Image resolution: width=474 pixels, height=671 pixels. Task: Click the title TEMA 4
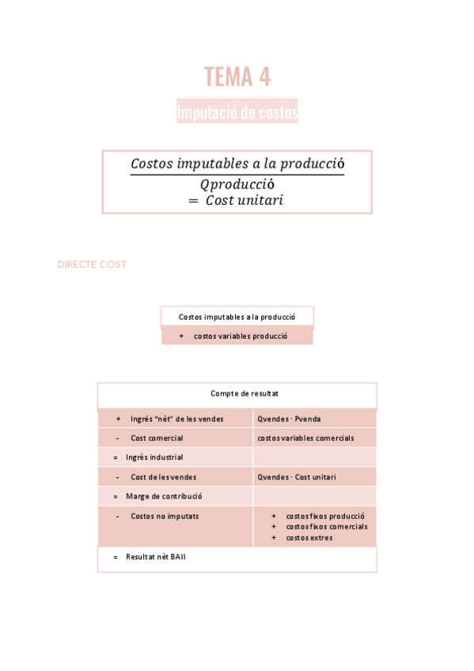pyautogui.click(x=237, y=77)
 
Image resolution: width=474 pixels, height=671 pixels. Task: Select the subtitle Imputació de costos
pyautogui.click(x=237, y=113)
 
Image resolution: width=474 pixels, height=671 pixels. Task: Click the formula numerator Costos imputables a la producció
pyautogui.click(x=237, y=164)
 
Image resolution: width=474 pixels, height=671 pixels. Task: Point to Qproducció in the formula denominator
pyautogui.click(x=237, y=184)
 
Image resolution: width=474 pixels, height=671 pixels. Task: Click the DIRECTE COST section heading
pyautogui.click(x=92, y=264)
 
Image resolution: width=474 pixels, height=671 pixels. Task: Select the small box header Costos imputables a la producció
pyautogui.click(x=237, y=317)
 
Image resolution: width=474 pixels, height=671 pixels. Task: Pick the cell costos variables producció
pyautogui.click(x=240, y=335)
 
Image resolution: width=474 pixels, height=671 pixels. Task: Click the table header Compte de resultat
pyautogui.click(x=245, y=393)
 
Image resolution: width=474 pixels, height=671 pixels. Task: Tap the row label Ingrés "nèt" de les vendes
pyautogui.click(x=176, y=419)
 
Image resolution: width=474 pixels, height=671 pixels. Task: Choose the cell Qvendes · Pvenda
pyautogui.click(x=289, y=419)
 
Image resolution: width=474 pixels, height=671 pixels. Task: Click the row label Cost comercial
pyautogui.click(x=157, y=438)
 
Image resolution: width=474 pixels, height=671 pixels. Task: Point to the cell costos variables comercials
pyautogui.click(x=305, y=438)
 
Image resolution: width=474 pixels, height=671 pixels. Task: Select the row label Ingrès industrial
pyautogui.click(x=154, y=457)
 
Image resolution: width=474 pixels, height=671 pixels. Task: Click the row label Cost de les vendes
pyautogui.click(x=163, y=477)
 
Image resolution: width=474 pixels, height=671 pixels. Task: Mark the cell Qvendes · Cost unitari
pyautogui.click(x=296, y=477)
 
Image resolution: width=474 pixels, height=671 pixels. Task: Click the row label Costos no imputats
pyautogui.click(x=165, y=516)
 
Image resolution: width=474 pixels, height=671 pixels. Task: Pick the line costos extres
pyautogui.click(x=309, y=537)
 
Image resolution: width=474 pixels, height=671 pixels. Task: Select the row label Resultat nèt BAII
pyautogui.click(x=155, y=557)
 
